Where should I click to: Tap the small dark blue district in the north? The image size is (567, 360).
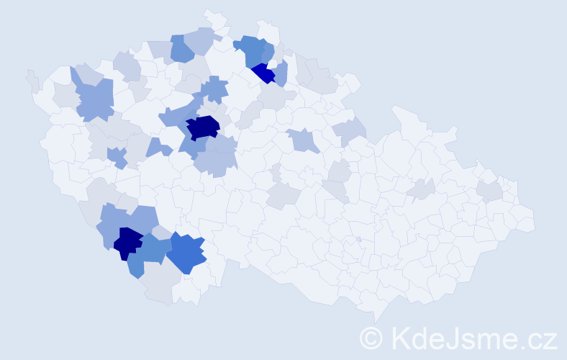tap(263, 73)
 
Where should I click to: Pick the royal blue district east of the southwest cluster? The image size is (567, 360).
tap(187, 253)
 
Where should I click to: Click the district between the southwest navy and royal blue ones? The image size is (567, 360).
tap(155, 249)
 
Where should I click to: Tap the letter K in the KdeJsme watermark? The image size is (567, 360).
tap(402, 338)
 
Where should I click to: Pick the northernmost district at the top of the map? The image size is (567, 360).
tap(214, 18)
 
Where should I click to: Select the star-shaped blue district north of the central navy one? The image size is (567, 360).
tap(214, 90)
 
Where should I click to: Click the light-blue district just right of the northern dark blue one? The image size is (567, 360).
tap(281, 72)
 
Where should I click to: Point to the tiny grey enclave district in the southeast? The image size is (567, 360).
tap(358, 239)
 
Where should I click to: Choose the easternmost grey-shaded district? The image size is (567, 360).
tap(490, 190)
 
